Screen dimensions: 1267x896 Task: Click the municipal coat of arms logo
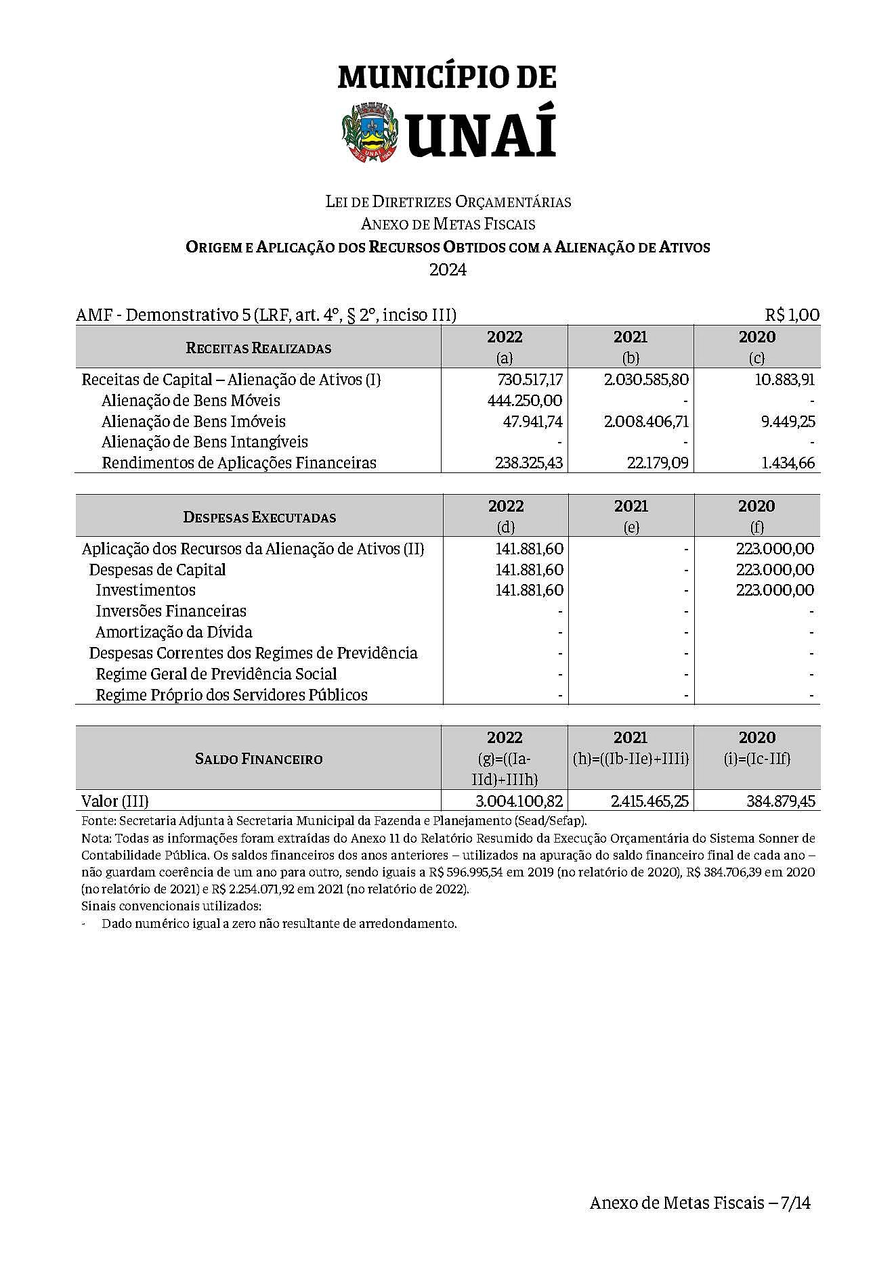tap(368, 131)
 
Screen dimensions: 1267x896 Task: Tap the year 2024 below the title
tap(448, 269)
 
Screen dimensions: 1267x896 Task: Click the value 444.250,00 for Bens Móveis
tap(525, 401)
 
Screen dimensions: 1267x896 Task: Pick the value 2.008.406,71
tap(646, 422)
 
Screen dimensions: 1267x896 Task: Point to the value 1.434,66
tap(788, 464)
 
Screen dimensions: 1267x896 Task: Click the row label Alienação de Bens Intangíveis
tap(205, 443)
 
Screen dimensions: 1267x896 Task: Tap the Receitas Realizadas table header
tap(258, 348)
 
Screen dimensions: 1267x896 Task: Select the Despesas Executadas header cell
tap(259, 517)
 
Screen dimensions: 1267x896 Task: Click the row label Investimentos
tap(145, 590)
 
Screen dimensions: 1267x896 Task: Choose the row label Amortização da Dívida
tap(173, 632)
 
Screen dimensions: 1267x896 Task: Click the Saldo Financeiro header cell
tap(258, 759)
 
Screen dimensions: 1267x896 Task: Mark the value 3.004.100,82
tap(519, 801)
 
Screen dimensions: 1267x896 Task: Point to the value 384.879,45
tap(781, 801)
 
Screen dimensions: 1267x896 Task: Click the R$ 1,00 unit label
tap(792, 315)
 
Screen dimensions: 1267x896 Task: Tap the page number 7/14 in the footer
tap(795, 1203)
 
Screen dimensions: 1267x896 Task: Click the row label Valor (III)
tap(114, 801)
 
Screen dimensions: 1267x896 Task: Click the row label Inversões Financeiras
tap(171, 611)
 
